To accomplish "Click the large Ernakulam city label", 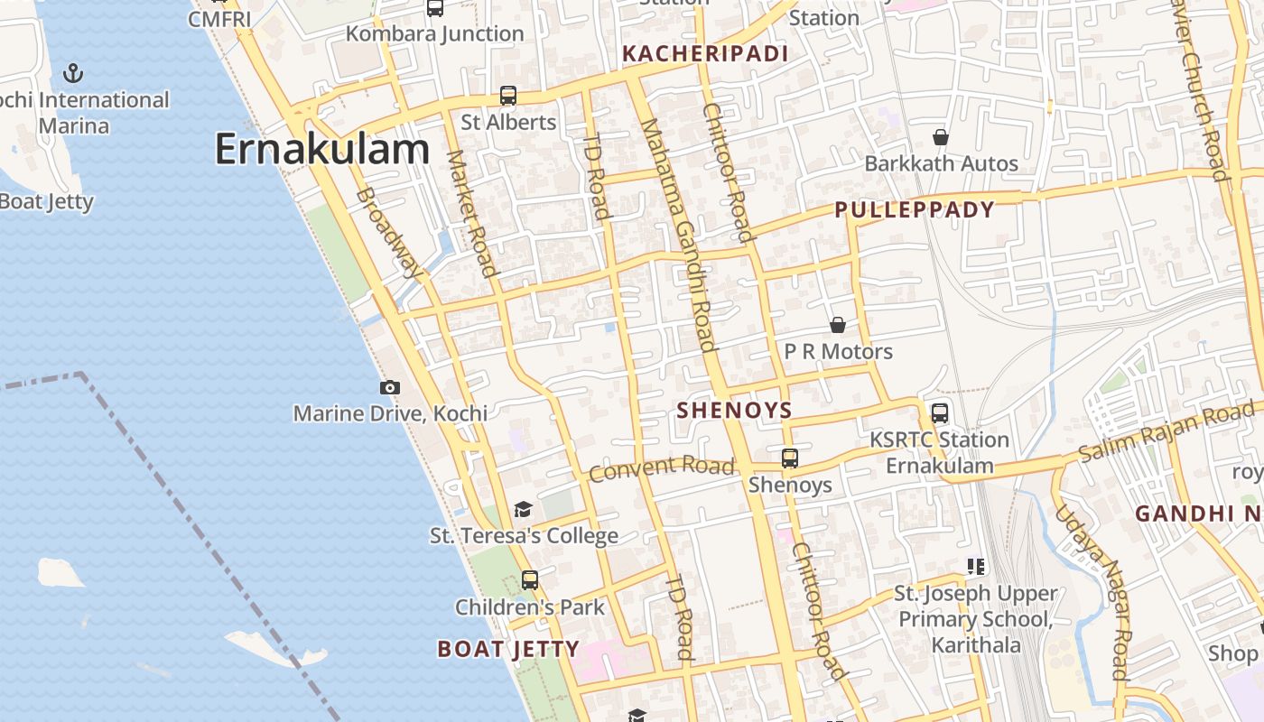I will coord(321,149).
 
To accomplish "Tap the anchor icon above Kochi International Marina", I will coord(73,72).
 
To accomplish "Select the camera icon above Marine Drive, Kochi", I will coord(390,387).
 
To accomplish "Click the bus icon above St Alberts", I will coord(508,96).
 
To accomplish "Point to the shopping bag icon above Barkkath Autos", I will coord(941,137).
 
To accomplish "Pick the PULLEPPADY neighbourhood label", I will coord(914,210).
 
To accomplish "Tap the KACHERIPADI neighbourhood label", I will coord(706,53).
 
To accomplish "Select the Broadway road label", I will coord(389,232).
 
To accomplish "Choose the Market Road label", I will coord(472,213).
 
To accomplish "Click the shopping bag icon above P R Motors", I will coord(838,325).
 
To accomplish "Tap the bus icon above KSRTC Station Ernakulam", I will coord(940,413).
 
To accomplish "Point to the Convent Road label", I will coord(662,468).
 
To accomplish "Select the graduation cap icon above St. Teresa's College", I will coord(523,510).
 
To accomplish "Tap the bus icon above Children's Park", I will coord(530,580).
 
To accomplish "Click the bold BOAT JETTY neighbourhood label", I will coord(508,649).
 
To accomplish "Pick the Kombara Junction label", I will coord(435,33).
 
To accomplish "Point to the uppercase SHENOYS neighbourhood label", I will coord(734,411).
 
